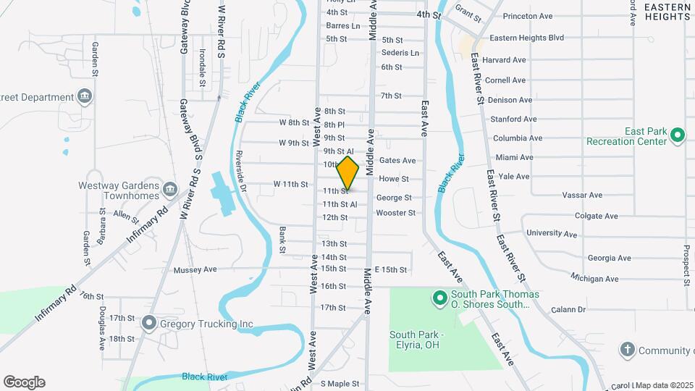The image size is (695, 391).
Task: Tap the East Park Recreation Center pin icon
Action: [678, 135]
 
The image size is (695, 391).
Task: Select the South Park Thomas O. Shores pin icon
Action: [439, 298]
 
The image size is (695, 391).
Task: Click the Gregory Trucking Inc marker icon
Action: [149, 322]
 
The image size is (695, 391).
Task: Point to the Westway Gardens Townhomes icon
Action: [169, 189]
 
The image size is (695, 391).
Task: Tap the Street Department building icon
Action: [85, 97]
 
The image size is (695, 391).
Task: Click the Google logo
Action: [24, 382]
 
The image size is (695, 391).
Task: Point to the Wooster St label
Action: [395, 213]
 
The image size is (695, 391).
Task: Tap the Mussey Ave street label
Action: [195, 269]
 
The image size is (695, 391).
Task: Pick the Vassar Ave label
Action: [582, 195]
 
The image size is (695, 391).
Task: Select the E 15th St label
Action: [391, 269]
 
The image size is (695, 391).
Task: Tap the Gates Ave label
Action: [397, 160]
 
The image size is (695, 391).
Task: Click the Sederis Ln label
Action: [400, 53]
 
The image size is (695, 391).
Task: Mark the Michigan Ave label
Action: [594, 278]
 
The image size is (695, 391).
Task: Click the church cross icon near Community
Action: [627, 350]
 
